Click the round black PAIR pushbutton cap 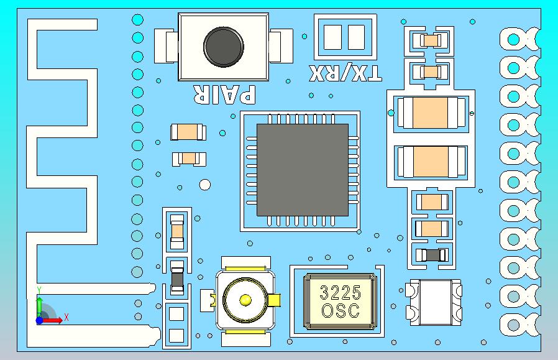point(223,47)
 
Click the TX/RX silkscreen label point(346,73)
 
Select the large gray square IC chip point(303,170)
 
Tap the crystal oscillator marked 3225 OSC point(339,302)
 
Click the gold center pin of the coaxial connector point(245,300)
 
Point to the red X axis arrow point(54,320)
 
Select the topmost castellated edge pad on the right point(514,39)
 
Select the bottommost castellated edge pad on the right point(514,324)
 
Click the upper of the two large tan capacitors point(431,113)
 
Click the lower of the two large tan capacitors point(431,160)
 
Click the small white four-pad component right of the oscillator point(435,302)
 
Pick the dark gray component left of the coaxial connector point(177,279)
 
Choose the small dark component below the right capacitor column point(431,255)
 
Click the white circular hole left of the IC point(204,185)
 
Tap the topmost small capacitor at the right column point(431,41)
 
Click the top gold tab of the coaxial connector point(249,268)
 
